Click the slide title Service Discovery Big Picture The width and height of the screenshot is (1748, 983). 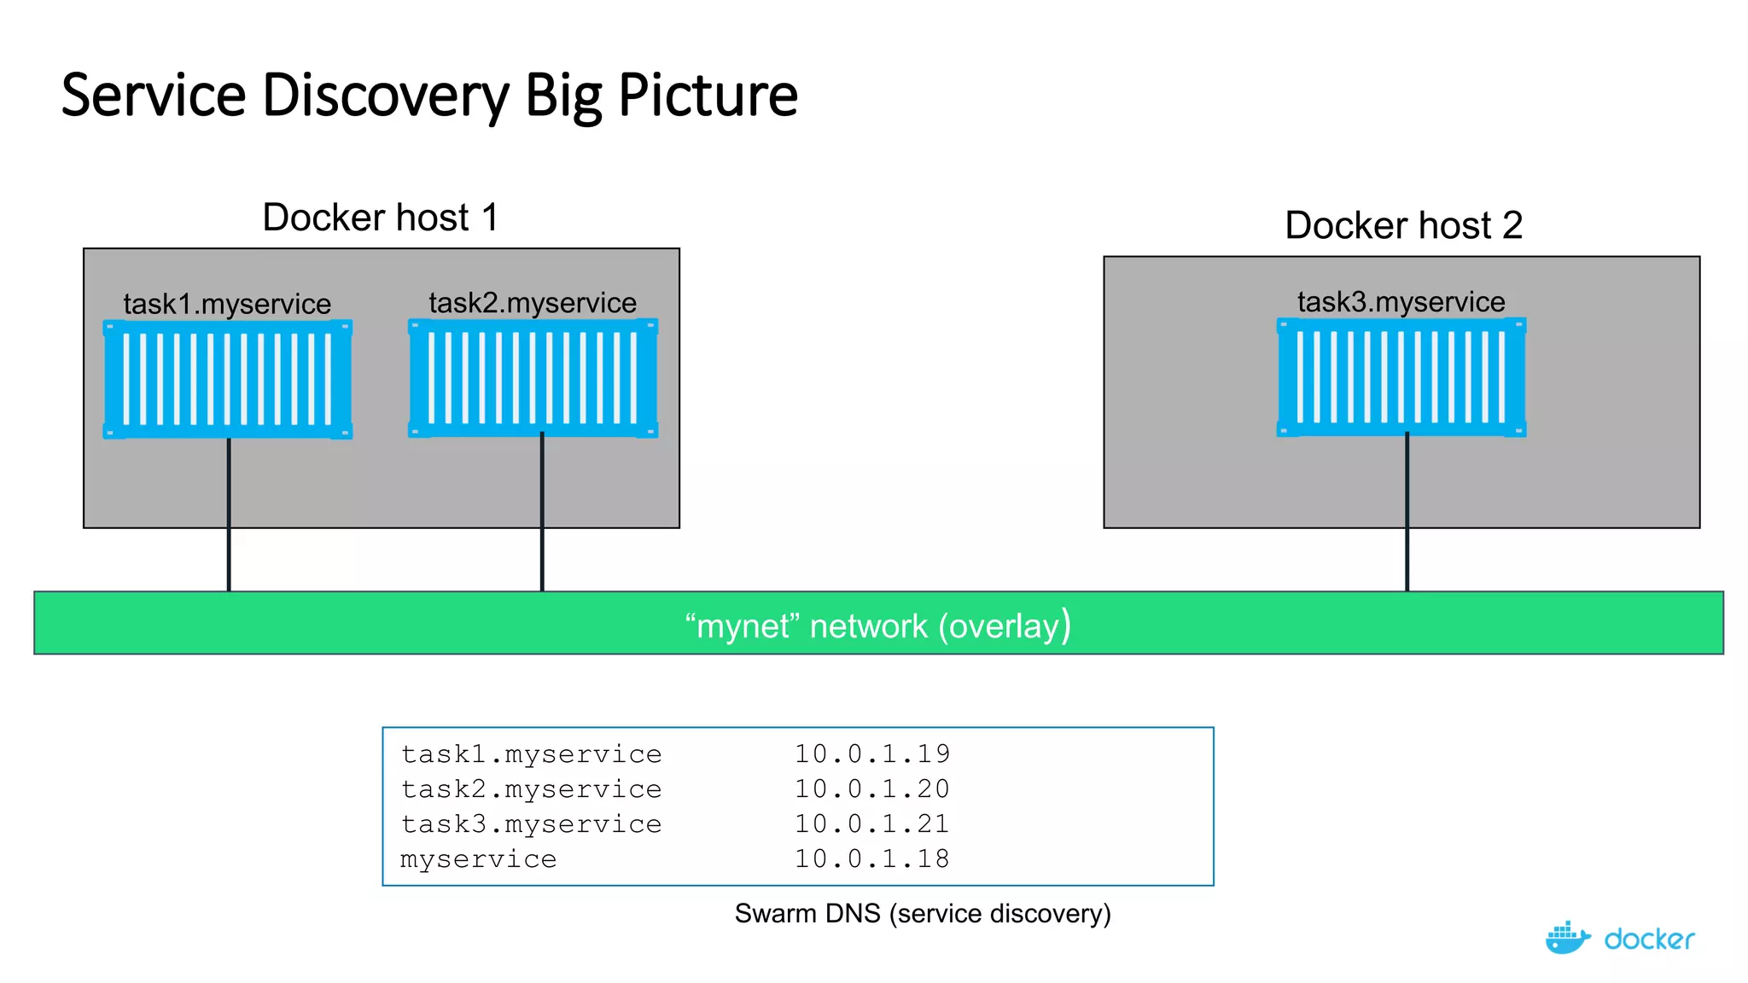coord(429,95)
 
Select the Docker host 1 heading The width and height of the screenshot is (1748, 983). coord(380,218)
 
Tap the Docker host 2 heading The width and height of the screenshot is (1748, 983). coord(1403,225)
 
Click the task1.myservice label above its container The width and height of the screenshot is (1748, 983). coord(226,304)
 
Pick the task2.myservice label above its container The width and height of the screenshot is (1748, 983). coord(532,303)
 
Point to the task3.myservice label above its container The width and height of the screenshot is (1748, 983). coord(1401,302)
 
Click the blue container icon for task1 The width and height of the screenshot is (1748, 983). coord(227,380)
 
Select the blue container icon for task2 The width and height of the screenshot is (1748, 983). coord(533,378)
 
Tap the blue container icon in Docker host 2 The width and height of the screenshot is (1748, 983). coord(1401,377)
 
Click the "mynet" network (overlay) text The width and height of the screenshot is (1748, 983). coord(877,625)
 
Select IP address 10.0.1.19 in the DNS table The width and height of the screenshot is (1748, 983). coord(871,754)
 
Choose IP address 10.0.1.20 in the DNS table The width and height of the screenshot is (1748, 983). coord(871,789)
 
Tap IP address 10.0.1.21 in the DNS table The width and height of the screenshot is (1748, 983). coord(871,824)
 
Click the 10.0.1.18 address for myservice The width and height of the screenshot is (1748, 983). coord(871,859)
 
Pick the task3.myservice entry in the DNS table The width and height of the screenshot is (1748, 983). coord(531,824)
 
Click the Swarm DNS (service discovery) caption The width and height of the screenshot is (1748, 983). coord(923,914)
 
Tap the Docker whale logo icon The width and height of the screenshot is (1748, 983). coord(1567,939)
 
